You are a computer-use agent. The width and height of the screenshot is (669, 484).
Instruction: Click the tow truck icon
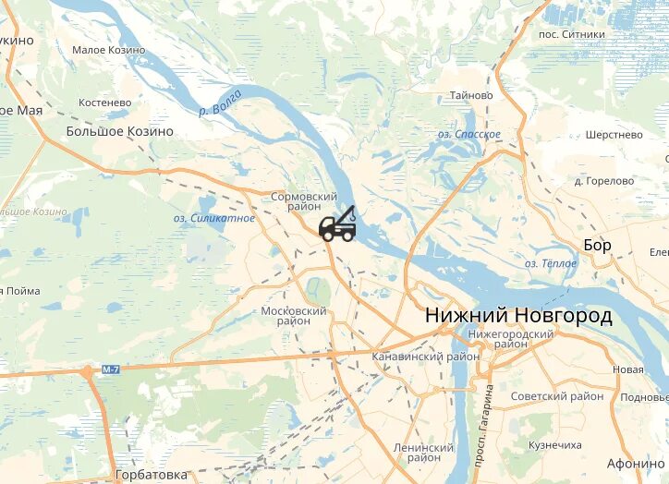pyautogui.click(x=338, y=224)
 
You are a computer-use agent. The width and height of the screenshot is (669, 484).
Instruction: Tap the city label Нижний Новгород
pyautogui.click(x=518, y=316)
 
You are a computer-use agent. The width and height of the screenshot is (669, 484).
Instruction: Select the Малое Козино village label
pyautogui.click(x=109, y=50)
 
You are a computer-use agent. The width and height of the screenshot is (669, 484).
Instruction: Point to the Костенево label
pyautogui.click(x=105, y=102)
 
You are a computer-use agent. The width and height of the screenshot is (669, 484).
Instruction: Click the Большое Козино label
pyautogui.click(x=119, y=131)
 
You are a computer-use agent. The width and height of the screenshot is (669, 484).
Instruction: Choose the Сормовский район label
pyautogui.click(x=304, y=202)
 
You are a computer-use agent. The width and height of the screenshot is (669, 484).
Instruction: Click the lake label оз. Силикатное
pyautogui.click(x=214, y=218)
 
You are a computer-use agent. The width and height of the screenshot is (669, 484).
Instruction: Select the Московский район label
pyautogui.click(x=294, y=316)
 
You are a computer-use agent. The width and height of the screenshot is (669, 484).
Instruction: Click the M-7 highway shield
pyautogui.click(x=111, y=369)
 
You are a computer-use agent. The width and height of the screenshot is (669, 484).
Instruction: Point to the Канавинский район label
pyautogui.click(x=425, y=357)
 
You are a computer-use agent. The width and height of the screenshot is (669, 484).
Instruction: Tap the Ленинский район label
pyautogui.click(x=423, y=453)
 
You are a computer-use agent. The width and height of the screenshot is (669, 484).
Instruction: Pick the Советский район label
pyautogui.click(x=558, y=396)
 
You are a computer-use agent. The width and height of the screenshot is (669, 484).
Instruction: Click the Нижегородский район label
pyautogui.click(x=511, y=338)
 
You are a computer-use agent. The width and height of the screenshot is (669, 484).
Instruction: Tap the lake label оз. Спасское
pyautogui.click(x=469, y=135)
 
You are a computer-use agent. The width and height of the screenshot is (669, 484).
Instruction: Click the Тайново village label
pyautogui.click(x=471, y=95)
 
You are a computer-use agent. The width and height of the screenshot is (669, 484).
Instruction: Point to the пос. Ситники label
pyautogui.click(x=572, y=34)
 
